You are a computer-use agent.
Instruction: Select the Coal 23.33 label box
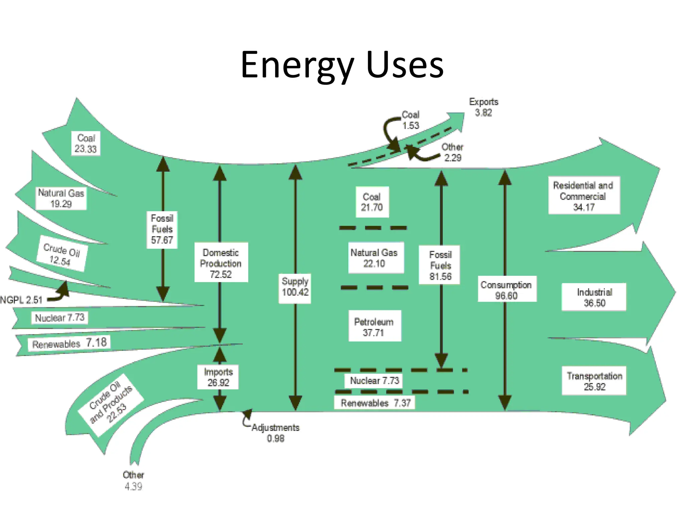(x=86, y=143)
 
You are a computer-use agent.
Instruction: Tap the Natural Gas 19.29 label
(x=61, y=198)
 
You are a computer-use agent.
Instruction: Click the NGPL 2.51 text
(x=21, y=300)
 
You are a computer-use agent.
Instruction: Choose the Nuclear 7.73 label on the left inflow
(x=60, y=317)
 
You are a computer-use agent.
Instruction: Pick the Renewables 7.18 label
(x=69, y=343)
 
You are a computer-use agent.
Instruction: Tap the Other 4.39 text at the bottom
(x=133, y=480)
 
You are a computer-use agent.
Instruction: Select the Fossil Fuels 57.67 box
(x=162, y=229)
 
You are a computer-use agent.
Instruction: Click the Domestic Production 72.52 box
(x=221, y=263)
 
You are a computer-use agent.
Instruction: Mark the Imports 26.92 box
(x=218, y=377)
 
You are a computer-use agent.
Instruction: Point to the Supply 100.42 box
(x=295, y=287)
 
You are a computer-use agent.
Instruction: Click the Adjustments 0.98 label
(x=276, y=433)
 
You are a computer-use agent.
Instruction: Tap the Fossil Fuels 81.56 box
(x=440, y=265)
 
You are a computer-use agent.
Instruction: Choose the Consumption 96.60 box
(x=506, y=290)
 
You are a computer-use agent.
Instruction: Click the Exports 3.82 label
(x=484, y=107)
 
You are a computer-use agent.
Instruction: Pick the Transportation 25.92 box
(x=594, y=381)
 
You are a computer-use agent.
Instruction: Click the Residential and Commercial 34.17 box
(x=583, y=196)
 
